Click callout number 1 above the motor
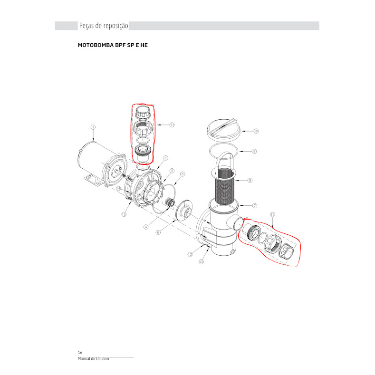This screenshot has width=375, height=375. (x=93, y=127)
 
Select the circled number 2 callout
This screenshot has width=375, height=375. (x=165, y=158)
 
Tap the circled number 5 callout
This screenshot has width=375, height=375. (x=183, y=174)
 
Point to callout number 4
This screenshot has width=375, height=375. (x=146, y=227)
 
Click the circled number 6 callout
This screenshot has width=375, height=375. (x=158, y=232)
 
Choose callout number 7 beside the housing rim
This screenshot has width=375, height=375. (x=255, y=205)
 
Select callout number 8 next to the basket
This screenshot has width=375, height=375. (x=250, y=180)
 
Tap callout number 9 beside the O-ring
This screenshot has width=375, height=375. (x=254, y=151)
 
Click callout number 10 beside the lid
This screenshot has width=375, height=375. (x=256, y=131)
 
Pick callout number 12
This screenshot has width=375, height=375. (x=202, y=261)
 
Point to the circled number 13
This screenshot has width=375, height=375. (x=190, y=254)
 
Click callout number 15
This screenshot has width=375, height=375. (x=124, y=214)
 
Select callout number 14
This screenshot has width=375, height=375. (x=118, y=189)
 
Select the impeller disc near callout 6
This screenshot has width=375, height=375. (x=184, y=211)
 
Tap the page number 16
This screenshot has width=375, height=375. (x=80, y=353)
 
